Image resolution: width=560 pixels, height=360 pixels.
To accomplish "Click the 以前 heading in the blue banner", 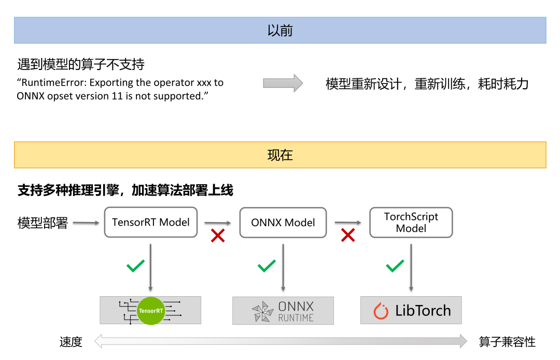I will pos(280,31).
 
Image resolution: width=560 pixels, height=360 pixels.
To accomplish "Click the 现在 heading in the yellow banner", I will pos(280,155).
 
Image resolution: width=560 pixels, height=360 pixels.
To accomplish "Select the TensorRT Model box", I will pos(151,223).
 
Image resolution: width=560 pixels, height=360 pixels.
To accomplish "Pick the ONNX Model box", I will pos(283,223).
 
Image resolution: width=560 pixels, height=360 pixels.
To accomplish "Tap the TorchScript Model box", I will pos(411,223).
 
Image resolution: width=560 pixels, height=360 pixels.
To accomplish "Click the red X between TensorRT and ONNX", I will pos(217,236).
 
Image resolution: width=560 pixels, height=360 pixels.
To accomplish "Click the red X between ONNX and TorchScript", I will pos(347,236).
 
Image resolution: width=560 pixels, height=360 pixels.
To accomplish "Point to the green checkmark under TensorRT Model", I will pos(136,266).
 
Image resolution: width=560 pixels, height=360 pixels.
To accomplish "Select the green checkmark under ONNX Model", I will pos(267,266).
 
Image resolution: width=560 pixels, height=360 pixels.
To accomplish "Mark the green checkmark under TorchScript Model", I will pos(395,266).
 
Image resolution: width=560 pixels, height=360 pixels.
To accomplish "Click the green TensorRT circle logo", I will pos(151,311).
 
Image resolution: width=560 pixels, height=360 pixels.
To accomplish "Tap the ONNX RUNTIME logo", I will pos(283,311).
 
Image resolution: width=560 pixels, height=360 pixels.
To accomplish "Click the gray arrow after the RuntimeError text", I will pos(283,83).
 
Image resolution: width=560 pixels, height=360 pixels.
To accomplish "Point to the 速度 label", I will pos(71,342).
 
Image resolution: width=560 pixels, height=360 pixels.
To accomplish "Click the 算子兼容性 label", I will pos(507,342).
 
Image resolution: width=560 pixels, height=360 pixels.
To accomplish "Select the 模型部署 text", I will pos(43,223).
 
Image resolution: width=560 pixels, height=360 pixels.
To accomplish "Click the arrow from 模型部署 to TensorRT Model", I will pos(86,223).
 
